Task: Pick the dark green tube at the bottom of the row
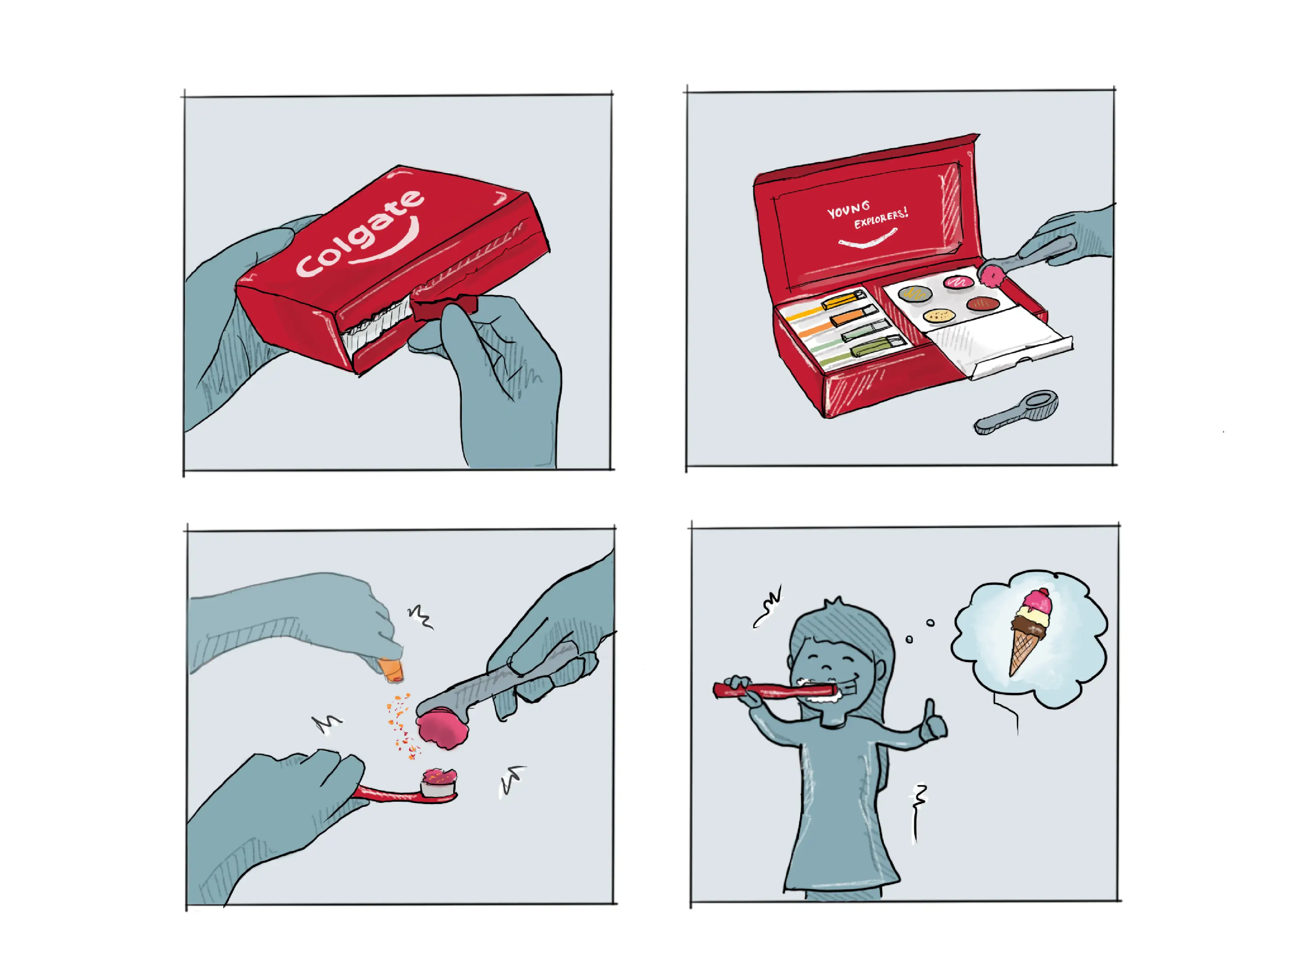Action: coord(877,347)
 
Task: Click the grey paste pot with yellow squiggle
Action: coord(915,293)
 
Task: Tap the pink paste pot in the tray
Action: coord(958,282)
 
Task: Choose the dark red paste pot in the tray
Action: coord(983,304)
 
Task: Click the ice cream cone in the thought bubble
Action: coord(1029,631)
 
